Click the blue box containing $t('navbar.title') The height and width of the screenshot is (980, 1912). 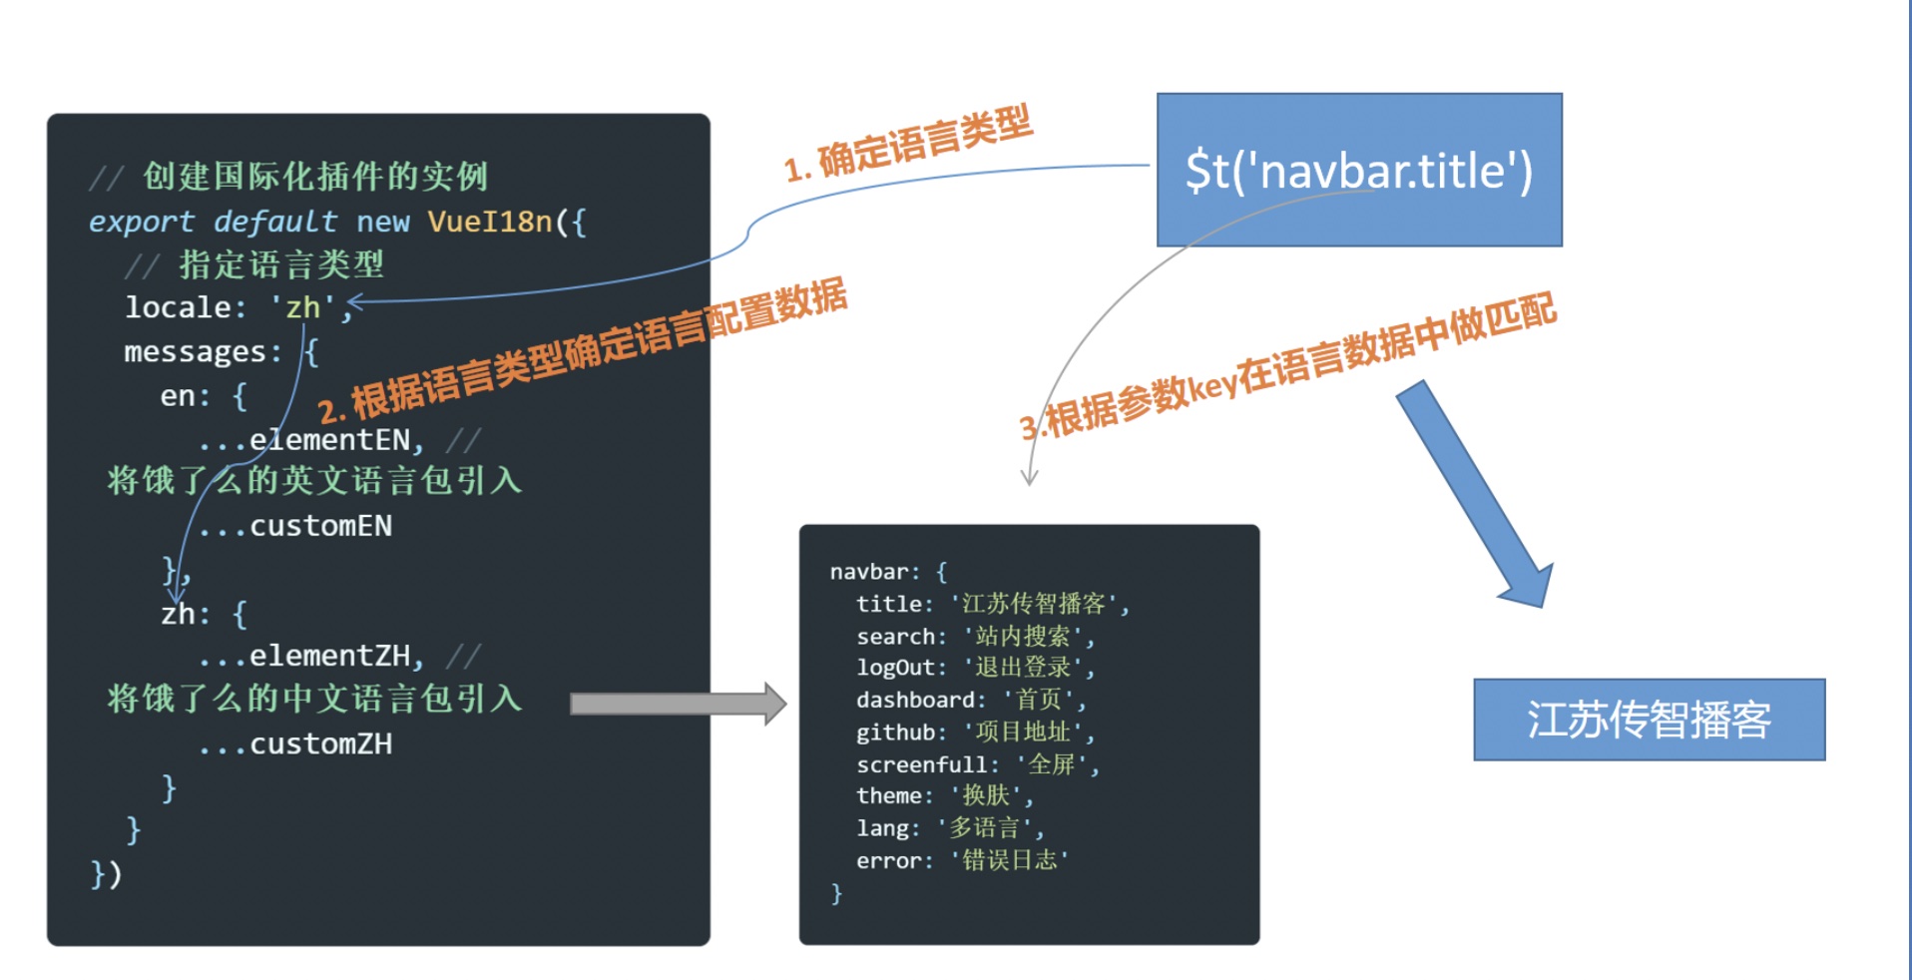[1358, 170]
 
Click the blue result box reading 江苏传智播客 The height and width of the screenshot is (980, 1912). [1649, 720]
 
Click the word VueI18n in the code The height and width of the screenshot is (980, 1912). [489, 221]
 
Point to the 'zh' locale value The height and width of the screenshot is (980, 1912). [303, 307]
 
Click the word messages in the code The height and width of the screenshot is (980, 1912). [195, 351]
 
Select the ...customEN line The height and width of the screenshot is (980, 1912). [295, 526]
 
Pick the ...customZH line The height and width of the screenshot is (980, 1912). [295, 743]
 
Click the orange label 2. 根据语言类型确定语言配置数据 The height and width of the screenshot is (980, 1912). [583, 350]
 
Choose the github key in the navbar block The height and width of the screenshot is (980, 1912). [895, 733]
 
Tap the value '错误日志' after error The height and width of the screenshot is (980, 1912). [1009, 860]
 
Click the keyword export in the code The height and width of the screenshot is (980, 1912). [141, 221]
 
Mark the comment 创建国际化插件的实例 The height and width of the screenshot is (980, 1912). [314, 177]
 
